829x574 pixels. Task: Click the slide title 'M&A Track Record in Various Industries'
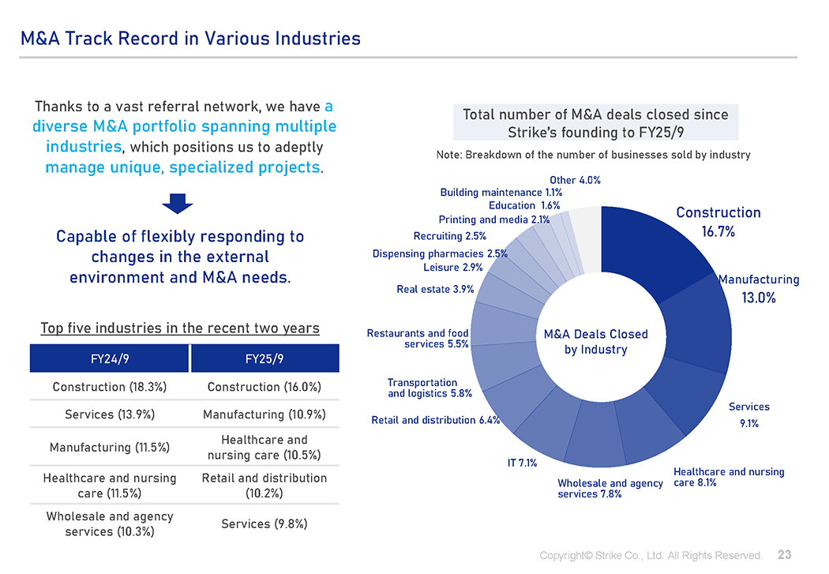190,38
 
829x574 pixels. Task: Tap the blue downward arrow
178,203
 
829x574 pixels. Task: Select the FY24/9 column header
110,358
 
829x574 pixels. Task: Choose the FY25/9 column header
264,358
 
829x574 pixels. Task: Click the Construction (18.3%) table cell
110,387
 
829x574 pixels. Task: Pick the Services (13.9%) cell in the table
110,415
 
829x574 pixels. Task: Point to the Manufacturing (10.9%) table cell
264,415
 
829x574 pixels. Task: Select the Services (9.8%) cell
264,523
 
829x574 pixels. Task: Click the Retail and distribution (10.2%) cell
264,486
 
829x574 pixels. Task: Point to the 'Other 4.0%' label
575,180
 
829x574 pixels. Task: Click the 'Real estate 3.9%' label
435,290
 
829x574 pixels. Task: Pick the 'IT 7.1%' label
522,463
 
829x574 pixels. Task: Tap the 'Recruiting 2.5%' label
449,236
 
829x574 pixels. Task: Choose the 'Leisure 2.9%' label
453,268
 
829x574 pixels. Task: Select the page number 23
785,555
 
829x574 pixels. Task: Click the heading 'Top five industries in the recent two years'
180,328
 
